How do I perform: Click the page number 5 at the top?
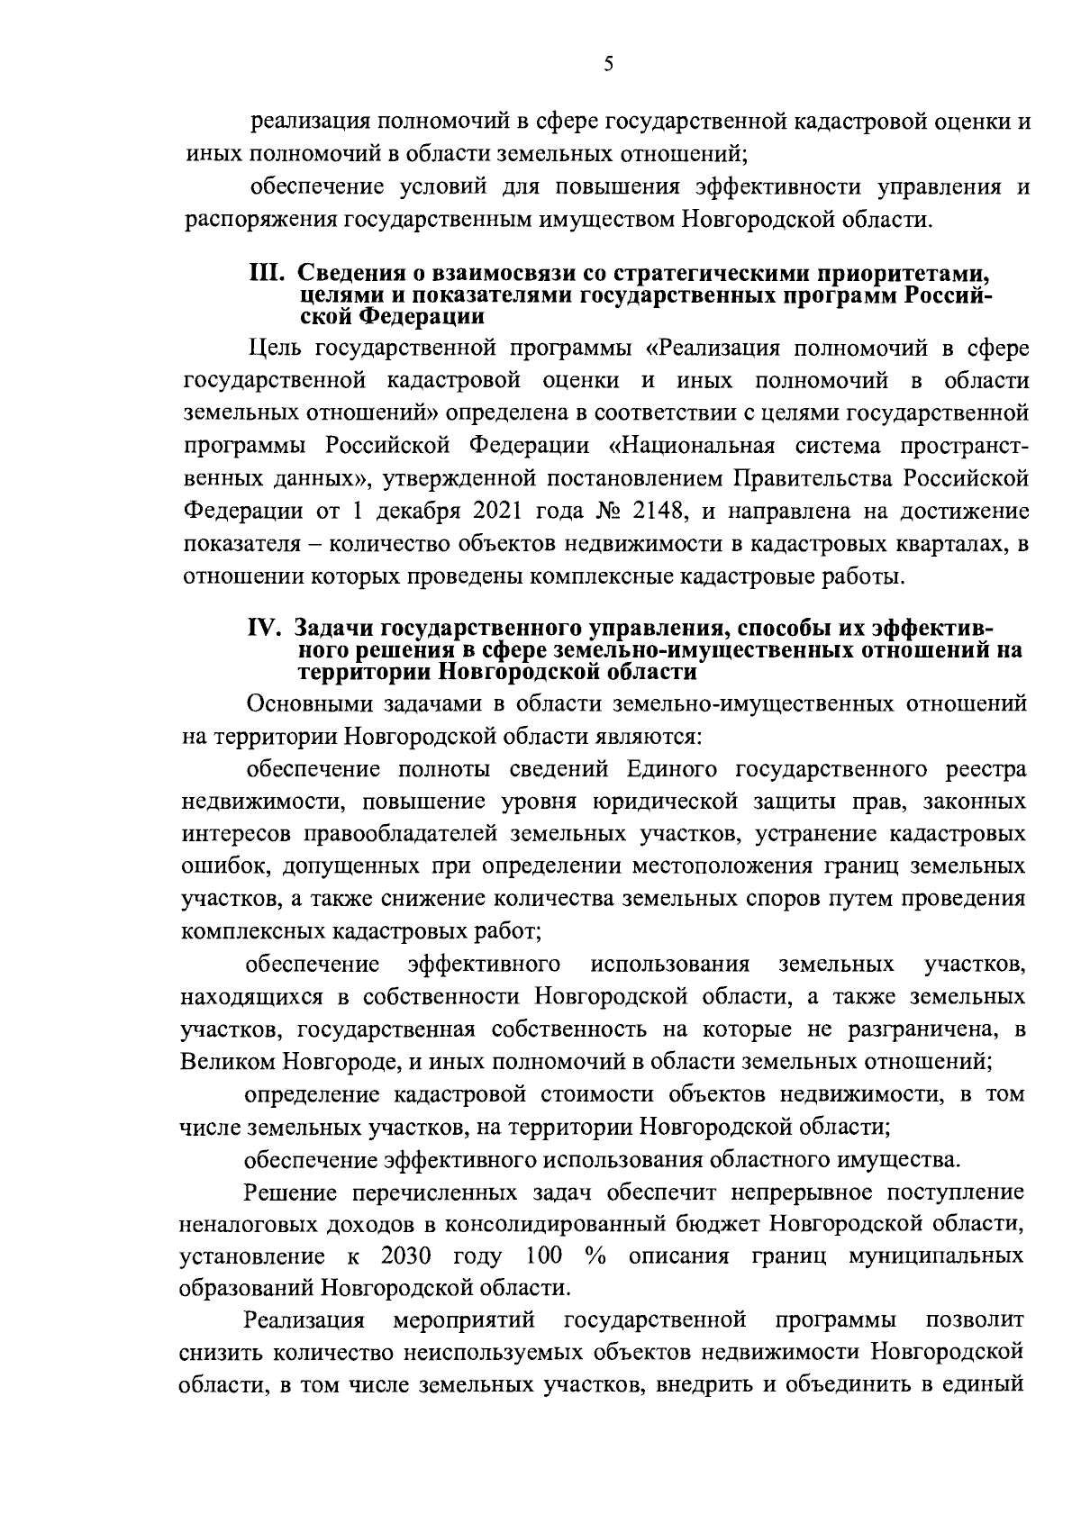(x=608, y=63)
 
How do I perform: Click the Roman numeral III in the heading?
(x=267, y=275)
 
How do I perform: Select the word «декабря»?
(x=419, y=512)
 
